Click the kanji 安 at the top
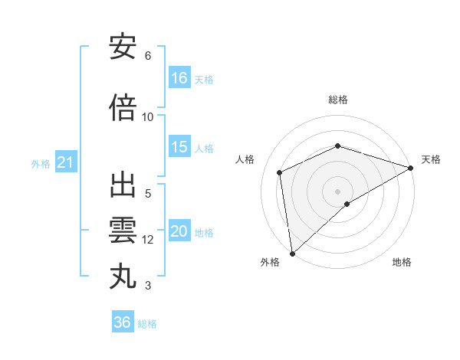[123, 47]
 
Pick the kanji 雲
[123, 230]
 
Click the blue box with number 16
[179, 77]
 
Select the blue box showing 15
[179, 147]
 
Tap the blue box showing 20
[179, 231]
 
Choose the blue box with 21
[65, 162]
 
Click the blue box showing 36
[123, 322]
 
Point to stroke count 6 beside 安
[148, 56]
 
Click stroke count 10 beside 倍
[148, 116]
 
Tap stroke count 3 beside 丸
[148, 286]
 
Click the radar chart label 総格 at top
[338, 100]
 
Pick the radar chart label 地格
[402, 262]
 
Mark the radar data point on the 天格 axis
[411, 169]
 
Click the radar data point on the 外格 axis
[291, 254]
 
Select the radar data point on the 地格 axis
[347, 204]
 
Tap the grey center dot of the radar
[338, 191]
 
